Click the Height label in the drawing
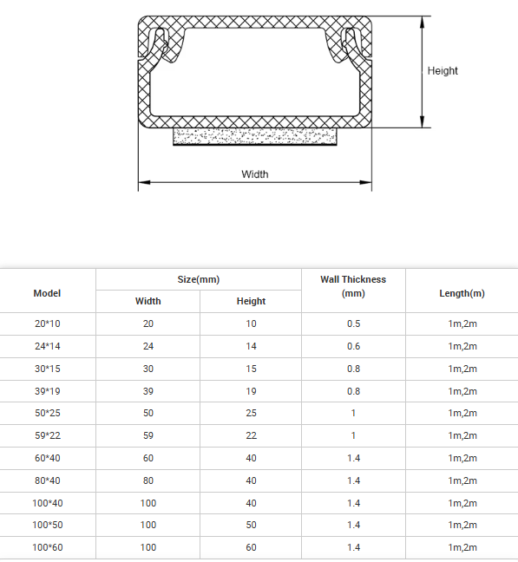pyautogui.click(x=443, y=71)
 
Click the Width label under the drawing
pyautogui.click(x=255, y=174)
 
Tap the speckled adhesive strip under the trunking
pyautogui.click(x=255, y=136)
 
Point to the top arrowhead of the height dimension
pyautogui.click(x=423, y=23)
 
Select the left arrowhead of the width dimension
pyautogui.click(x=144, y=182)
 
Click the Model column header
pyautogui.click(x=47, y=293)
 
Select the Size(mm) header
pyautogui.click(x=199, y=279)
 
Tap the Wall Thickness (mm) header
pyautogui.click(x=353, y=286)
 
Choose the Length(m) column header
pyautogui.click(x=462, y=293)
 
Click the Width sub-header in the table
pyautogui.click(x=148, y=301)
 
